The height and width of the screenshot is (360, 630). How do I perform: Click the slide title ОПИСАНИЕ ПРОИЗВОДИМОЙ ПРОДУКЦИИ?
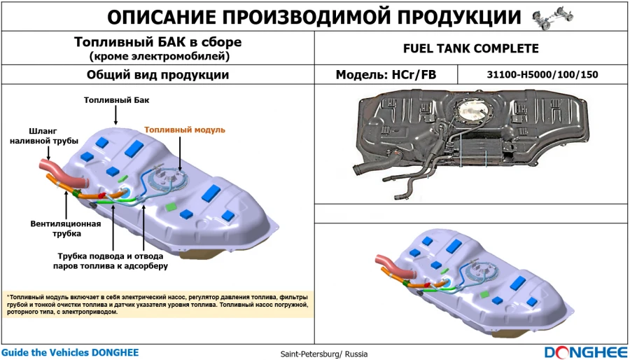(315, 18)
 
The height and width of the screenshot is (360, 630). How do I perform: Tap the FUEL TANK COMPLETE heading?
(471, 48)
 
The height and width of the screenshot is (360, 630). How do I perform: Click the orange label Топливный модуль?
(185, 130)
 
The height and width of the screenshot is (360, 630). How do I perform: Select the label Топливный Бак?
(116, 100)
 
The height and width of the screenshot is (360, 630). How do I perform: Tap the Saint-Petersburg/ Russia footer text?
(323, 354)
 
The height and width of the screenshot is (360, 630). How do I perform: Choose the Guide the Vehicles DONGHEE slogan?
(70, 352)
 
